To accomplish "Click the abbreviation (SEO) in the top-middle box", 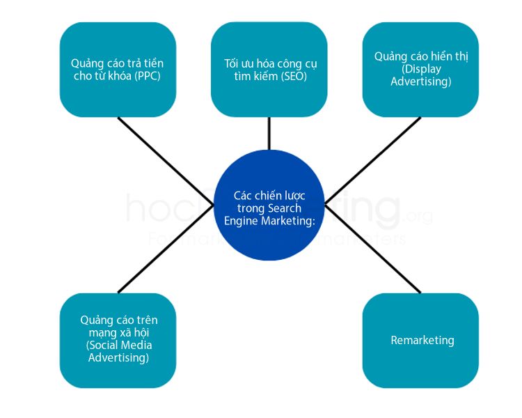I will tap(294, 76).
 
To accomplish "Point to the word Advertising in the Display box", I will tap(420, 82).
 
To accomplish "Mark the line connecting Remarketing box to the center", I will tap(373, 248).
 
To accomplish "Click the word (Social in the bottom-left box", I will tap(102, 345).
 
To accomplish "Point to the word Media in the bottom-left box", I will tap(136, 345).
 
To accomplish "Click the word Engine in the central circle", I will tap(239, 221).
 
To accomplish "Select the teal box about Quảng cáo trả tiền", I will tap(118, 69).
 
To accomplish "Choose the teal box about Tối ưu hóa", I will tap(269, 69).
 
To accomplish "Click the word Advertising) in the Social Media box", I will tap(118, 357).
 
